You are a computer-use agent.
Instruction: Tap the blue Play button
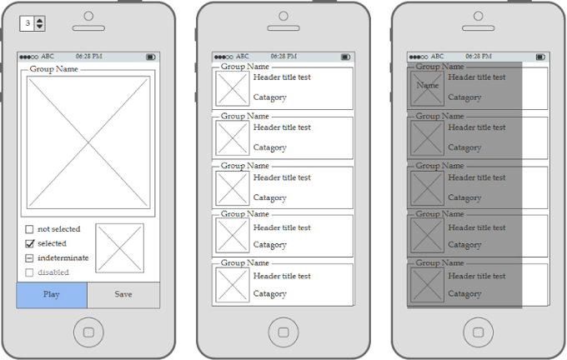(52, 295)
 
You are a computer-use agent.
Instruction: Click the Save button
(123, 295)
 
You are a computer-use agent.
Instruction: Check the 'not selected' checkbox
(29, 229)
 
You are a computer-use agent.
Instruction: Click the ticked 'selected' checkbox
(30, 243)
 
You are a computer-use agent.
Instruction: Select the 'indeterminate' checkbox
(29, 258)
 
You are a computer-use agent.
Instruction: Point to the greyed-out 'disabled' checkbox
(29, 272)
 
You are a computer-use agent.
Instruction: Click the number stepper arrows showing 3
(39, 23)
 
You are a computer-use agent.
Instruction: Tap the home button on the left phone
(88, 332)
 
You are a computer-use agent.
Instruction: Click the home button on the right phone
(479, 332)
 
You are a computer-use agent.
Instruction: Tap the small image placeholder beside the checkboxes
(120, 248)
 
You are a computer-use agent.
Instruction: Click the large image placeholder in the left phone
(88, 142)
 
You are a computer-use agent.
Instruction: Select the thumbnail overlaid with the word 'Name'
(427, 88)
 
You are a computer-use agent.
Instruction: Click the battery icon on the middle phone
(346, 57)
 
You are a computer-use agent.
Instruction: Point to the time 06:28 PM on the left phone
(89, 57)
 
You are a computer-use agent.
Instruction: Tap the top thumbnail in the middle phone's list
(233, 88)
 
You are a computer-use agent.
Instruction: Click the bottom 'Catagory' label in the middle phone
(270, 294)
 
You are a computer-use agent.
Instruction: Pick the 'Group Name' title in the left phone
(54, 69)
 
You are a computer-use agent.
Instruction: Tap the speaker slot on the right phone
(479, 28)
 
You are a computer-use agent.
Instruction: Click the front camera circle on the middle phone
(283, 16)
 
